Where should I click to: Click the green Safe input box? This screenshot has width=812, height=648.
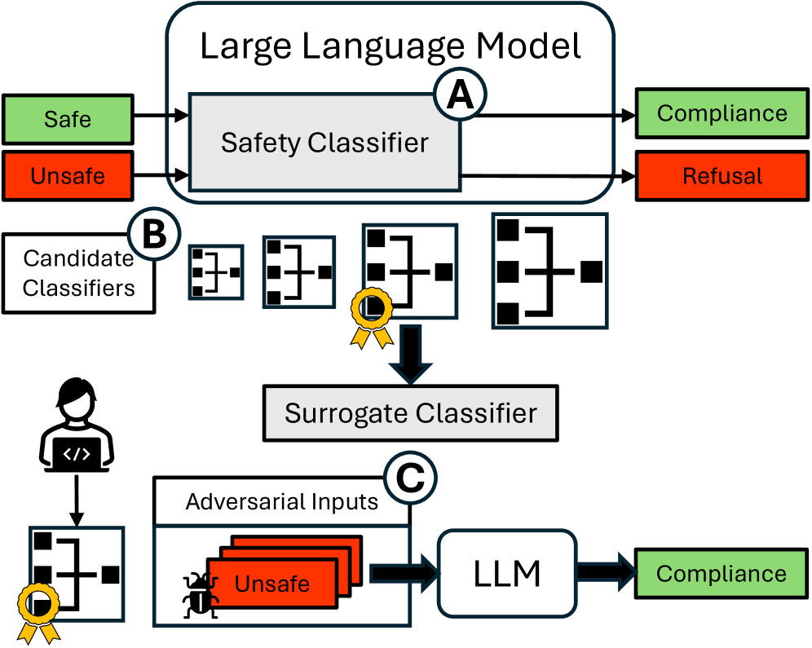(68, 119)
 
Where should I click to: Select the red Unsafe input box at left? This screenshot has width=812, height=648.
(68, 175)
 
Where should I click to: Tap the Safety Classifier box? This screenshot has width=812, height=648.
(324, 143)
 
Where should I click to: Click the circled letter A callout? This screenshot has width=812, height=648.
(460, 97)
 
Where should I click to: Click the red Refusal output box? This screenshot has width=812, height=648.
(722, 176)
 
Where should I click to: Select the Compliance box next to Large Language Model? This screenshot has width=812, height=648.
(722, 113)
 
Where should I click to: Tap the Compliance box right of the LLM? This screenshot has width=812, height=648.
(722, 573)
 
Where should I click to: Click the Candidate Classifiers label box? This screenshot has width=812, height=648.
(78, 273)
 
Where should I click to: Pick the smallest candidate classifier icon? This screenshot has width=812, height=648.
(216, 271)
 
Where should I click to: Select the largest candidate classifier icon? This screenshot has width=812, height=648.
(549, 271)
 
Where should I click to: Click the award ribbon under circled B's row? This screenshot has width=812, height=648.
(371, 315)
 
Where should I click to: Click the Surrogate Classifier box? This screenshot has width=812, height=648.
(410, 412)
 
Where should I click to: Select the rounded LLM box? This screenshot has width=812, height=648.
(506, 574)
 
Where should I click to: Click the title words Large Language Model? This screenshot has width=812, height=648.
(391, 46)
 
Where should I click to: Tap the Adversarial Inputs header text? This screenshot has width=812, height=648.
(282, 501)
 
